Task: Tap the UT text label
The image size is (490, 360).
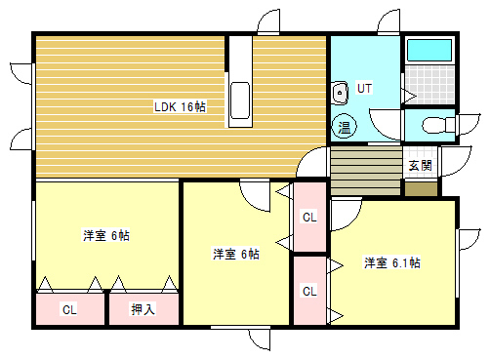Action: tap(364, 88)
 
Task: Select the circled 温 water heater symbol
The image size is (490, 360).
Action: tap(345, 127)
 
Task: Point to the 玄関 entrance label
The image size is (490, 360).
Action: tap(420, 165)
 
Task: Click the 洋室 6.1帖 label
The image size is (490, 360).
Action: tap(392, 262)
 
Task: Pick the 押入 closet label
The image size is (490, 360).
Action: tap(143, 309)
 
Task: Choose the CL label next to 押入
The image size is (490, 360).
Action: tap(69, 309)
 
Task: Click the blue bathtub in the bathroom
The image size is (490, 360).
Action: tap(429, 53)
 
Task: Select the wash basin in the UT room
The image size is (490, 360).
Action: tap(341, 94)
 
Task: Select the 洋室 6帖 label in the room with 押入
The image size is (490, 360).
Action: tap(106, 235)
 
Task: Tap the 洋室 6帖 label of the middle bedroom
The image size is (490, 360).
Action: tap(237, 254)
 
